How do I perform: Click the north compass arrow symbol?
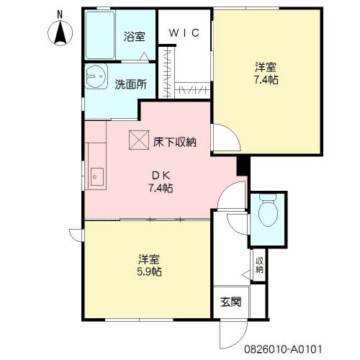[x=60, y=33]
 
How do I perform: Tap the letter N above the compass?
[x=60, y=15]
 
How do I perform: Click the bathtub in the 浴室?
[x=100, y=35]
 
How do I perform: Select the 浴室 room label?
[x=135, y=37]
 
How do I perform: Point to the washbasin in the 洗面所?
[x=96, y=76]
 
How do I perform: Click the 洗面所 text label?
[x=130, y=84]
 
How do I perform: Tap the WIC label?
[x=184, y=33]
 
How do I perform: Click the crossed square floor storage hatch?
[x=139, y=140]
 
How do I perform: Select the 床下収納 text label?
[x=175, y=142]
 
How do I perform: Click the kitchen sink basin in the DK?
[x=97, y=177]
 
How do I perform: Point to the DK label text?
[x=161, y=176]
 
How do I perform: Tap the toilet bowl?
[x=268, y=210]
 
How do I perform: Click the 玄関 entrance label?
[x=230, y=302]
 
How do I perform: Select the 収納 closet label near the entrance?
[x=259, y=265]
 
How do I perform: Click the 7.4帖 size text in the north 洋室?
[x=266, y=80]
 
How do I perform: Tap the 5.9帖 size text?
[x=149, y=271]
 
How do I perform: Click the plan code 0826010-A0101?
[x=283, y=349]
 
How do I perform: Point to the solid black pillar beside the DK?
[x=243, y=166]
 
